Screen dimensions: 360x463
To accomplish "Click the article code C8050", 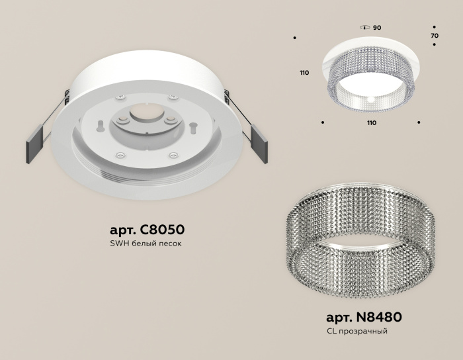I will tap(146, 230).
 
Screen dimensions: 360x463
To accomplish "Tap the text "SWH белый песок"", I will tap(146, 244).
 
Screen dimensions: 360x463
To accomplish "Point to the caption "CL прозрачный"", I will tap(357, 330).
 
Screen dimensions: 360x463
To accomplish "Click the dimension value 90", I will tap(376, 28).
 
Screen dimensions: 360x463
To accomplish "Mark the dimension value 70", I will tap(434, 34).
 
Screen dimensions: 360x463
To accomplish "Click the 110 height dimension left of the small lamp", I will tap(304, 73).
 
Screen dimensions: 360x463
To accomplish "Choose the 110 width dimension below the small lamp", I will tap(371, 123).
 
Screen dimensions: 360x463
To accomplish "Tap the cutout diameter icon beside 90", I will tap(364, 28).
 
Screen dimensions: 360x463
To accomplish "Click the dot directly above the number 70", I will tap(434, 24).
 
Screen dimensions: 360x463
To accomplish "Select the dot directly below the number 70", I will tap(434, 44).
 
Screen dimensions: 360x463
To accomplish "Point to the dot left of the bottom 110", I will tap(322, 122).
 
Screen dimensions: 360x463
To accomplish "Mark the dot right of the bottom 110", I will tap(419, 122).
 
